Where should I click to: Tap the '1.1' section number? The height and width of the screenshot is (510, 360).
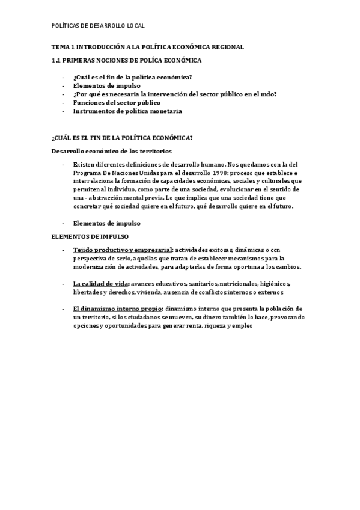click(x=56, y=61)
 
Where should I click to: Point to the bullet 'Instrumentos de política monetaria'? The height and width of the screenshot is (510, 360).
click(x=127, y=111)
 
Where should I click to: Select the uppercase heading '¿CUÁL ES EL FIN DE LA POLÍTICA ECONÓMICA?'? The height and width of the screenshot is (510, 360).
click(x=122, y=138)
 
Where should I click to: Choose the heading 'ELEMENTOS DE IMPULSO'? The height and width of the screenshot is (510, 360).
click(x=90, y=236)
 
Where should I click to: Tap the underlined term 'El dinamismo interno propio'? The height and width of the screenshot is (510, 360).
click(x=117, y=309)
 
